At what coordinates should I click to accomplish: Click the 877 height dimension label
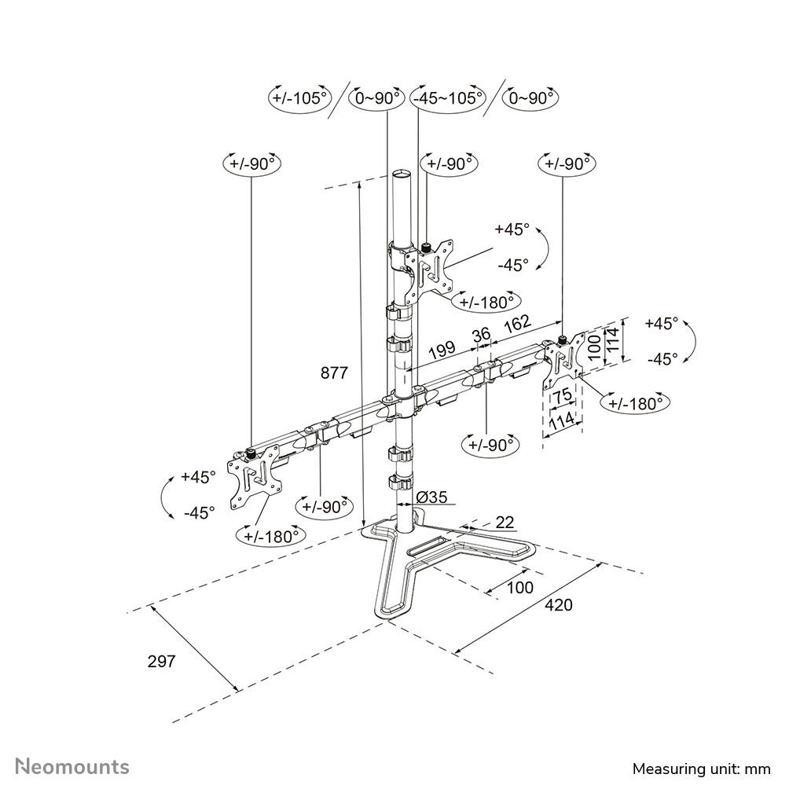point(334,373)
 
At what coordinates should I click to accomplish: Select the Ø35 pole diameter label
point(431,497)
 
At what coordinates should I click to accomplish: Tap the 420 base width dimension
point(560,605)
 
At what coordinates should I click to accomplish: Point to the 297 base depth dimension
point(161,661)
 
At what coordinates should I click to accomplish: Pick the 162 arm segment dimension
point(516,322)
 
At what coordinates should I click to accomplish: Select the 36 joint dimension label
point(481,334)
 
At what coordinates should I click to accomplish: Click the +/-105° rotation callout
point(298,98)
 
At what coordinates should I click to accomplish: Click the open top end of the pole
point(401,172)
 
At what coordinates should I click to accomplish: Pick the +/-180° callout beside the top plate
point(488,301)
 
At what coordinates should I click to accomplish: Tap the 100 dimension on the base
point(519,587)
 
